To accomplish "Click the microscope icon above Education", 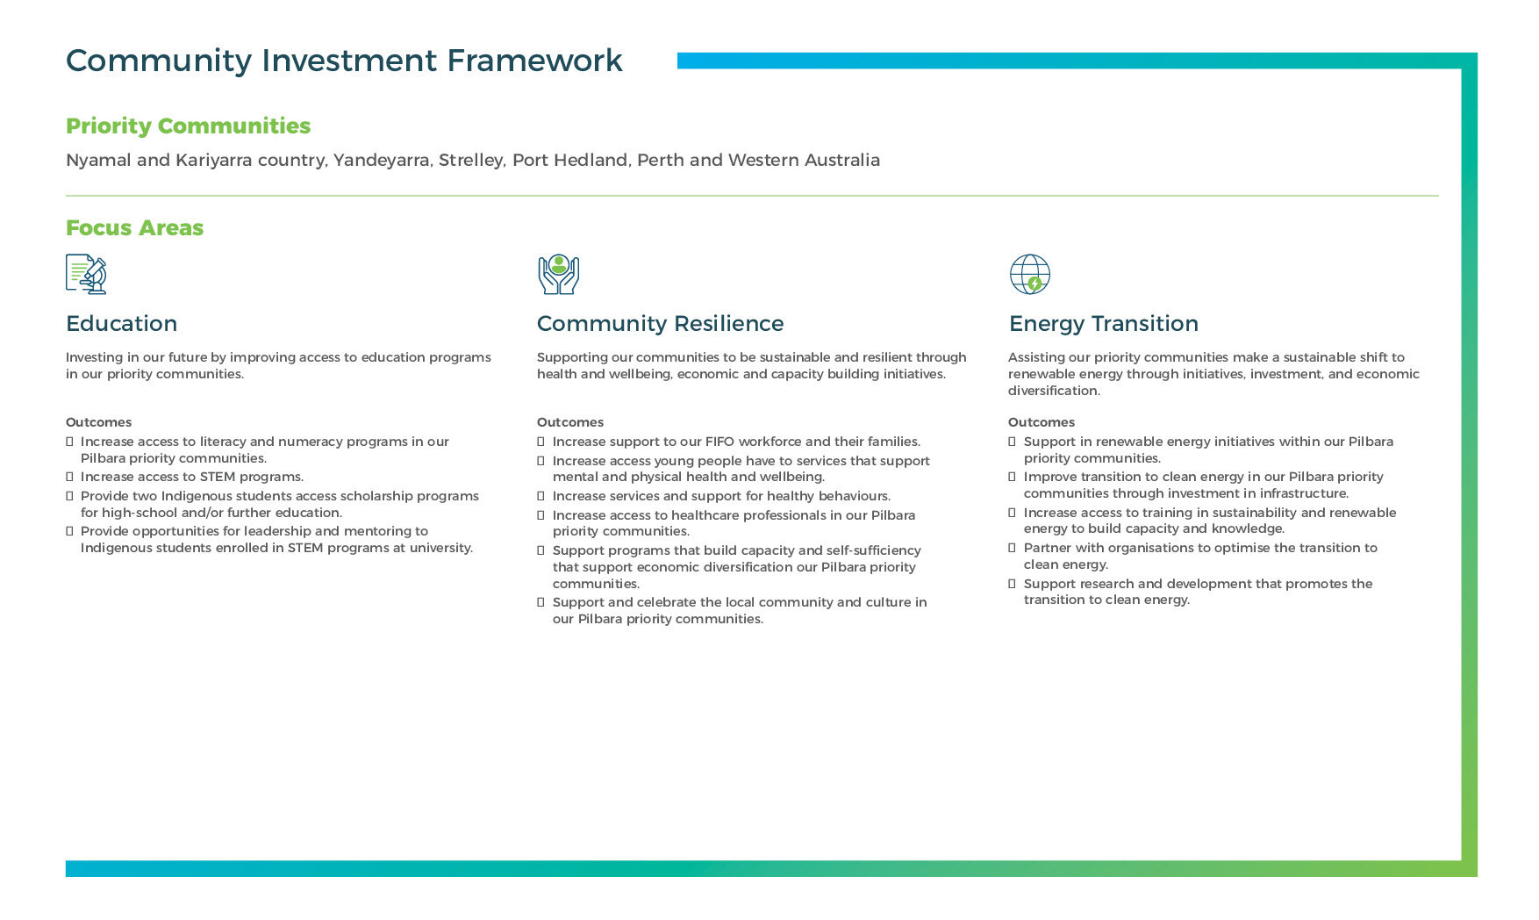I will [86, 274].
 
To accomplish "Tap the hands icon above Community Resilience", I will [558, 274].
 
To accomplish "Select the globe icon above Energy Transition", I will [1029, 274].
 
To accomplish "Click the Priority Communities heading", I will [188, 126].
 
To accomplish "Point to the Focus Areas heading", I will [134, 227].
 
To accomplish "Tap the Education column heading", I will [121, 323].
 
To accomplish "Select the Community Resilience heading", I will [660, 323].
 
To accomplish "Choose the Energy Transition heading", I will [1103, 323].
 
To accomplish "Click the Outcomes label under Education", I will [98, 422].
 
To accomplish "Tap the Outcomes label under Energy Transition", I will [1041, 422].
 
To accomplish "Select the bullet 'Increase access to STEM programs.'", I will [191, 477].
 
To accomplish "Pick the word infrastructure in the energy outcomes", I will [1303, 493].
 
